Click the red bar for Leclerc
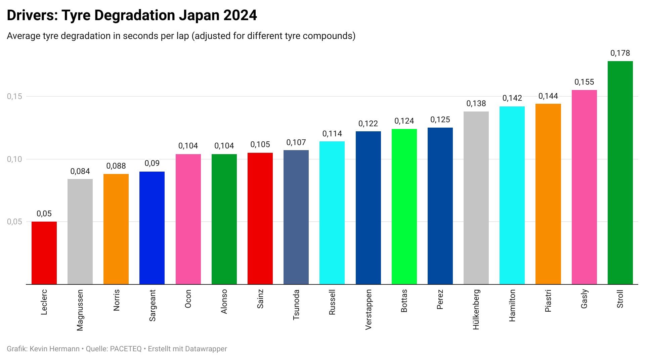[x=44, y=253]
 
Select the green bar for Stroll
[x=620, y=173]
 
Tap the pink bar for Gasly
[x=584, y=187]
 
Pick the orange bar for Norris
[x=116, y=229]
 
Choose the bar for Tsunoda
[x=296, y=217]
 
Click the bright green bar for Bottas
[x=404, y=207]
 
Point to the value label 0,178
[x=620, y=53]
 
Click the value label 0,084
[x=80, y=171]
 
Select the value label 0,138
[x=476, y=103]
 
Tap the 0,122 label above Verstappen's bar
[x=368, y=124]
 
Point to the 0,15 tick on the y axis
[x=14, y=96]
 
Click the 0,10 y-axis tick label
[x=14, y=159]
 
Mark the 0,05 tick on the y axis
[x=14, y=222]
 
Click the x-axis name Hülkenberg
[x=476, y=309]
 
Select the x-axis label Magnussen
[x=80, y=310]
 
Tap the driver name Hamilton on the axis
[x=512, y=305]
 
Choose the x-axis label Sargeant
[x=152, y=305]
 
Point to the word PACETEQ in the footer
[x=126, y=349]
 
